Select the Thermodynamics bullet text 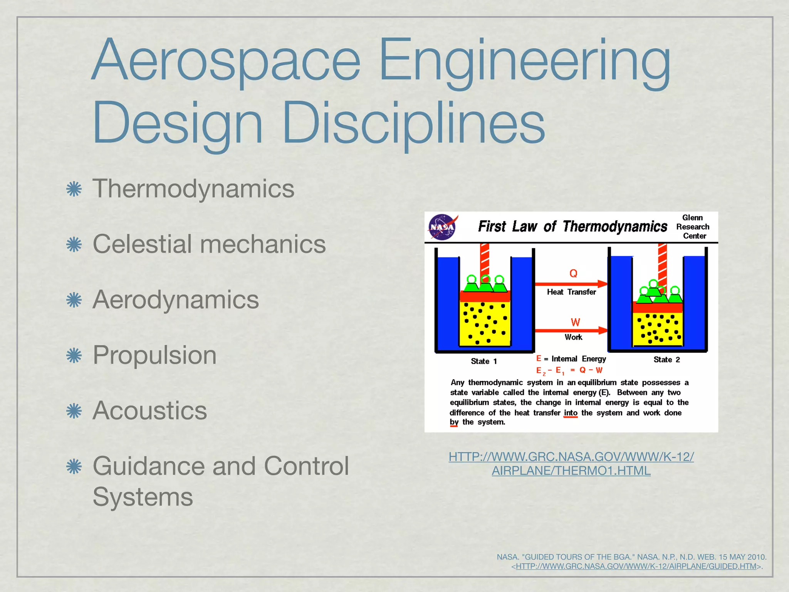193,189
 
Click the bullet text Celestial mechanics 209,244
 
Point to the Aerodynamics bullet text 176,300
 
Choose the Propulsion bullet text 154,355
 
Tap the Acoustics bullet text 150,410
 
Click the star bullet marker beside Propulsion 74,355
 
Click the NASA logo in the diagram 443,227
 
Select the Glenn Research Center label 693,227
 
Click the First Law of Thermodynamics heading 572,227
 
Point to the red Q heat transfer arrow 571,284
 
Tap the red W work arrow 571,330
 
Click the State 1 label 484,362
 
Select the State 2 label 666,360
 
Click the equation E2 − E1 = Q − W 569,371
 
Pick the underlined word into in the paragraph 571,413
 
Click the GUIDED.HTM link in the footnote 636,567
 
